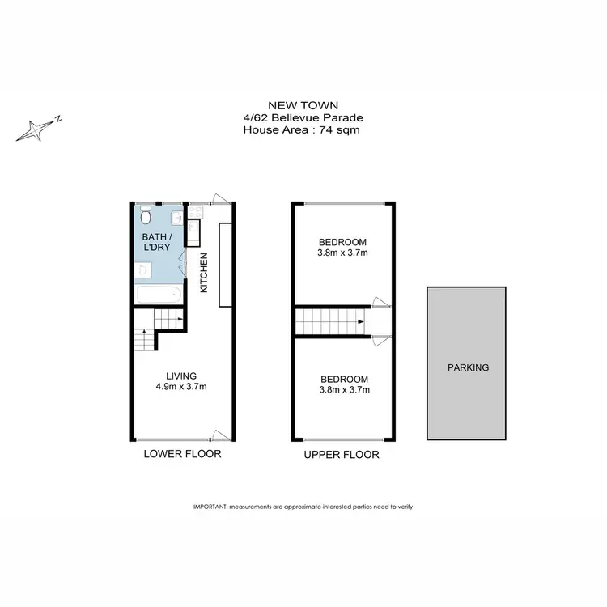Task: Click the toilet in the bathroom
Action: point(145,216)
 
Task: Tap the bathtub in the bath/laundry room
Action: point(159,294)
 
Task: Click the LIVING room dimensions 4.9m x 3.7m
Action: point(180,386)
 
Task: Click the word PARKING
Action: point(468,367)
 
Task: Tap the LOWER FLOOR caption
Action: point(182,454)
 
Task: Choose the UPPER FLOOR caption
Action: point(342,455)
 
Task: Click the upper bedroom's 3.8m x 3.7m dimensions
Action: point(342,253)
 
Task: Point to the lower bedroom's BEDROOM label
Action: point(344,379)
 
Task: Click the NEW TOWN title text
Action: point(303,104)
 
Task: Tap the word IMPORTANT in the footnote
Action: point(210,506)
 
